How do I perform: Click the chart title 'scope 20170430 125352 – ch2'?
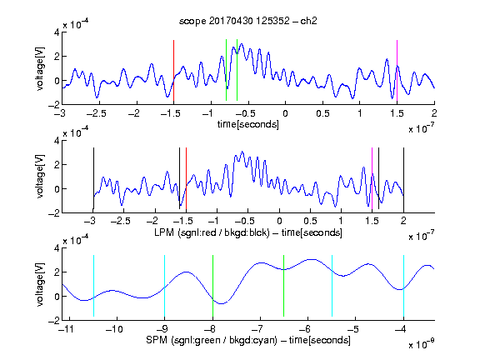point(248,21)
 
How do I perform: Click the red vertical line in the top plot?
point(173,71)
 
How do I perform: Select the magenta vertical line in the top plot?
point(397,71)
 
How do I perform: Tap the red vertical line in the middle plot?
point(186,178)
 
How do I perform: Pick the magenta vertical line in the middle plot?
point(372,178)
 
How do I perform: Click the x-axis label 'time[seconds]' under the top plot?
point(248,124)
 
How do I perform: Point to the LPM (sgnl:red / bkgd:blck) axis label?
point(248,232)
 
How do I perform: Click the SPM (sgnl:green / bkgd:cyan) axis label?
point(248,340)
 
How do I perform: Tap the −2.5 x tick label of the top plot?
point(97,113)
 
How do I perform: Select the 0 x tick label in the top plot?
point(285,113)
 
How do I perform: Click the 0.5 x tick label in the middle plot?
point(310,221)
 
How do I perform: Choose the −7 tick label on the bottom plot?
point(257,329)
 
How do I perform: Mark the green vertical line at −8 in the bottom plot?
point(212,286)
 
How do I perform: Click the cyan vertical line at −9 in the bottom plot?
point(165,286)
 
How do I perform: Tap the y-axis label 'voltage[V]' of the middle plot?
point(40,177)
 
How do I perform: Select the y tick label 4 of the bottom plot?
point(57,248)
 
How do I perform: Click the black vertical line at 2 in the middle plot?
point(403,178)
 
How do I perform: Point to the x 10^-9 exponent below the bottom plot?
point(421,345)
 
